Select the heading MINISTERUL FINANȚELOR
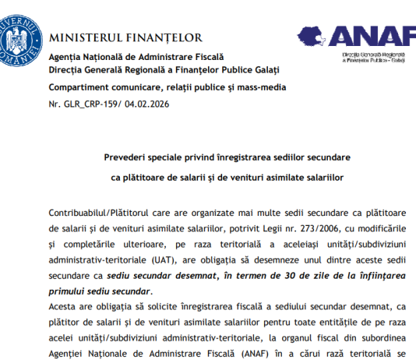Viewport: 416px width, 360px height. [125, 37]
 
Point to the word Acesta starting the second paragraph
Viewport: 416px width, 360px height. [63, 308]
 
